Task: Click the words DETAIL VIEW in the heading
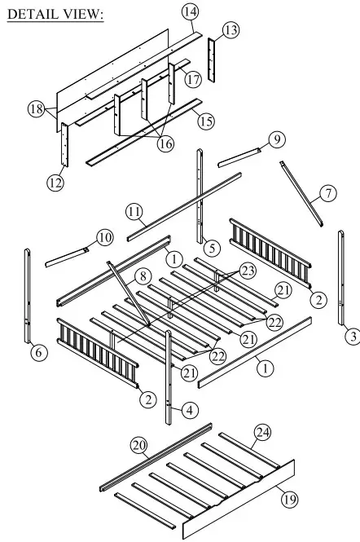coord(55,15)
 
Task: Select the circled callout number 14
coord(190,11)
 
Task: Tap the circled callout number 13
coord(231,30)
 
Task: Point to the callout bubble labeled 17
coord(192,80)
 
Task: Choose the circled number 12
coord(55,183)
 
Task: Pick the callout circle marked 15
coord(207,121)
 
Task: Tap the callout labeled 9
coord(278,140)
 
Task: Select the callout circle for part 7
coord(327,194)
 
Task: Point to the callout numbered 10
coord(105,237)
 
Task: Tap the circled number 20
coord(138,444)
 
